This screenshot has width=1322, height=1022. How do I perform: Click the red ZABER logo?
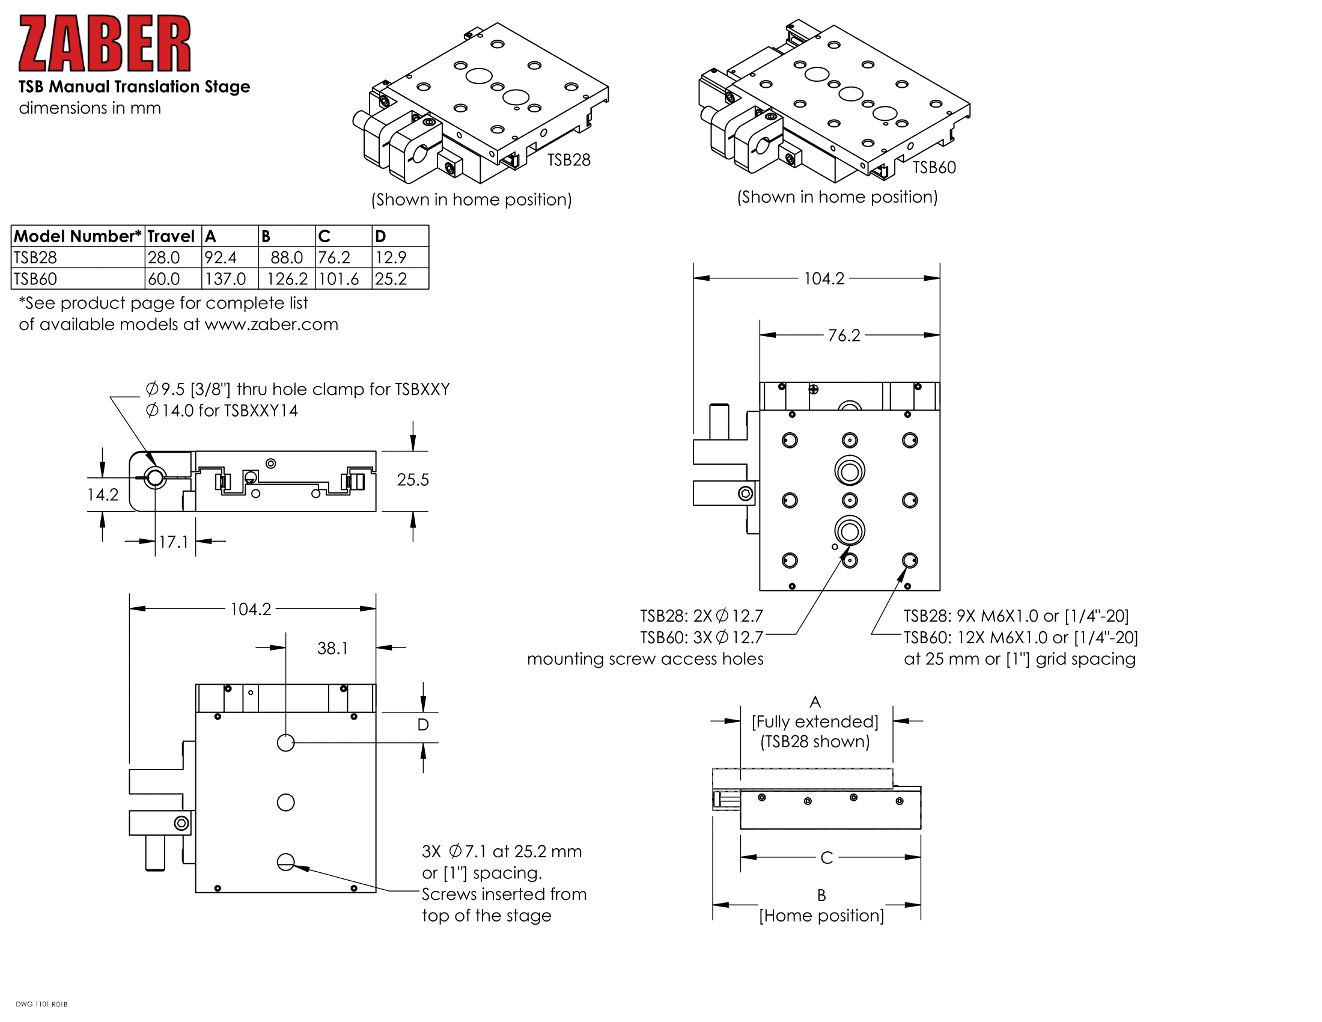point(104,44)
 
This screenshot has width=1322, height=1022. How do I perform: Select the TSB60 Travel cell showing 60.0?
point(164,279)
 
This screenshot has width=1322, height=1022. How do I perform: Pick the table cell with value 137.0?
point(225,279)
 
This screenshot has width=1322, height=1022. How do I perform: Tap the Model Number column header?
point(77,236)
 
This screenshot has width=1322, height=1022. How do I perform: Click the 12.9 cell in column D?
point(391,257)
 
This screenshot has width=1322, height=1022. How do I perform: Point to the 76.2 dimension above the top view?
point(844,335)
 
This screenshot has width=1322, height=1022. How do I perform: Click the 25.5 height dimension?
point(413,480)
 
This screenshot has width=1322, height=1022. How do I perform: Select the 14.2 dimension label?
point(102,495)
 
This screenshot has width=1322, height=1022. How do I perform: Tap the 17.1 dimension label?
point(174,542)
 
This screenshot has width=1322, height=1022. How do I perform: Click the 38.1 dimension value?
point(332,649)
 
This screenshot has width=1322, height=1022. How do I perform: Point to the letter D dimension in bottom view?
point(423,725)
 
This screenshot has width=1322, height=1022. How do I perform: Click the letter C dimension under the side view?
point(826,858)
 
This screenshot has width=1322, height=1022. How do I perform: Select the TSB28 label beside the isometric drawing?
point(568,160)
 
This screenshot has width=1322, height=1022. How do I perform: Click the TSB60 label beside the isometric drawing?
point(934,168)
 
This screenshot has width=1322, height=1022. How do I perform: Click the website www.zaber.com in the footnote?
point(271,325)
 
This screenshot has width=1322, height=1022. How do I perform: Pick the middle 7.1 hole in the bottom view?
point(285,803)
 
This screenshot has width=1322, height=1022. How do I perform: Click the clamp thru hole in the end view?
point(155,478)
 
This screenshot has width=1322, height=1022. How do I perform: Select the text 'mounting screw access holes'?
point(645,659)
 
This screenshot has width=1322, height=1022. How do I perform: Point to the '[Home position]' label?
point(821,916)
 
